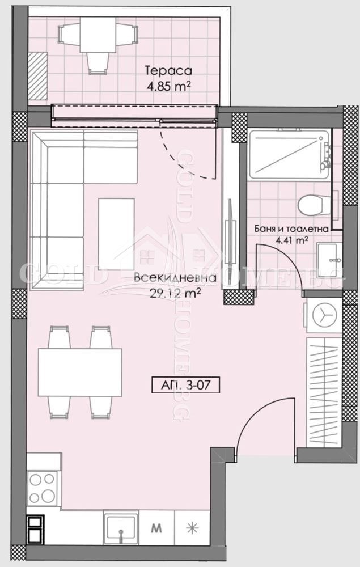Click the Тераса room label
coord(168,71)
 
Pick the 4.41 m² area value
coord(291,240)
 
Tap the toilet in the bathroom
coord(311,205)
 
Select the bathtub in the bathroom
coord(289,151)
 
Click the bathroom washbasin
coord(329,260)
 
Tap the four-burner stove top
coord(42,488)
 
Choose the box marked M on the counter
coord(156,527)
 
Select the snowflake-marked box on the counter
coord(193,527)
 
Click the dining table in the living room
coord(80,372)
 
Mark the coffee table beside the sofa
coord(116,233)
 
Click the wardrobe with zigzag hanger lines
coord(323,391)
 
